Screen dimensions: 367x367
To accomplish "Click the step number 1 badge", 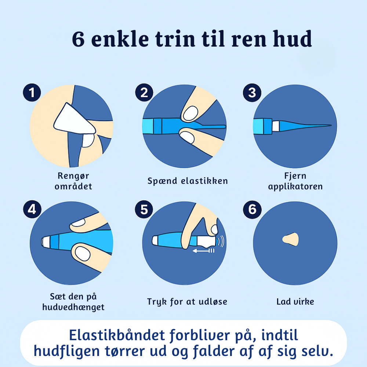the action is pos(32,92).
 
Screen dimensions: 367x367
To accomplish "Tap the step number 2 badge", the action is pos(144,92).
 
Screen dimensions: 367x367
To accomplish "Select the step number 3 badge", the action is pos(252,93).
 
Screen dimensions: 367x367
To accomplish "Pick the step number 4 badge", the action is pos(32,209).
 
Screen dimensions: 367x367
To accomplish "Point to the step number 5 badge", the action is pos(144,210).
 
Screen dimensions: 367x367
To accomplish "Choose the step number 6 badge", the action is pos(252,210).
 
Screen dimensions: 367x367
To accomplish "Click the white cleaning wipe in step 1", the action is pos(75,119).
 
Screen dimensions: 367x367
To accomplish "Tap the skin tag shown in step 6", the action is pos(291,239).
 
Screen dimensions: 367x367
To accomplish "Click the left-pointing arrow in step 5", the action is pos(203,251).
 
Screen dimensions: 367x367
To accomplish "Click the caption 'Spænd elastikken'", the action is pos(188,181).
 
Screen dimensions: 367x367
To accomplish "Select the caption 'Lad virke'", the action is pos(295,301).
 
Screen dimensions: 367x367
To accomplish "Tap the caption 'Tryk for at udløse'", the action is pos(187,302).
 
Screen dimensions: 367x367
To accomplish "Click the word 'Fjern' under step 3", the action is pos(295,176).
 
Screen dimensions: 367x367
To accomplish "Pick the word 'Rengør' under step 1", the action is pos(73,176).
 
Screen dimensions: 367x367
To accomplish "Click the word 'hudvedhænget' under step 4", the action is pos(73,307).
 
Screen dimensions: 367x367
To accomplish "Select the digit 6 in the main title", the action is pos(78,39).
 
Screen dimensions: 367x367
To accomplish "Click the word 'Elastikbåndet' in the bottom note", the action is pos(117,335).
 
